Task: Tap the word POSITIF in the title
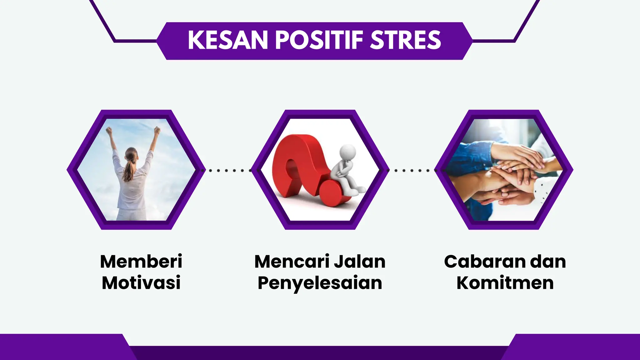tap(319, 40)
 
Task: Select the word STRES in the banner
tap(405, 40)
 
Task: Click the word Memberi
tap(141, 262)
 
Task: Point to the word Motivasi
tap(141, 283)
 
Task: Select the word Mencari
tap(292, 262)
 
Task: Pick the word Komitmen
tap(505, 283)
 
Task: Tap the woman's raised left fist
tap(109, 130)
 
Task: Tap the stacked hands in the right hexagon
tap(512, 175)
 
